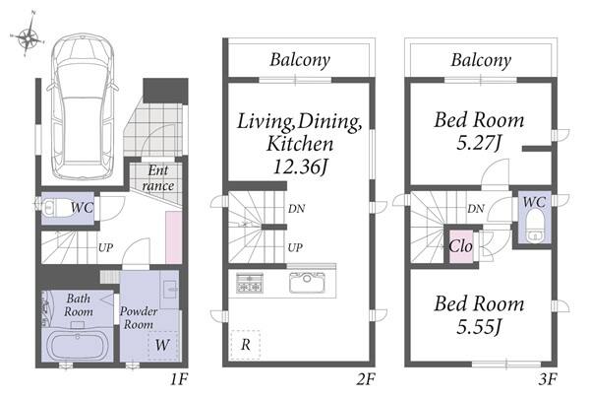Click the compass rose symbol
click(28, 35)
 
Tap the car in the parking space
click(83, 106)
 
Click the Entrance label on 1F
click(158, 178)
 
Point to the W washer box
click(163, 345)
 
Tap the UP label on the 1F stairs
click(106, 247)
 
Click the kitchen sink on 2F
click(307, 283)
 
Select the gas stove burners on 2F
click(250, 283)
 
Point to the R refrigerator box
click(245, 344)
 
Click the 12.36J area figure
click(300, 166)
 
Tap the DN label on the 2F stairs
click(297, 209)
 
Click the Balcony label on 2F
click(300, 60)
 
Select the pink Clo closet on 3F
click(461, 246)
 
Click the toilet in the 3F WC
click(534, 226)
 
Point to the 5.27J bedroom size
click(479, 143)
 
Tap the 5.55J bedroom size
click(479, 327)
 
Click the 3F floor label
click(547, 379)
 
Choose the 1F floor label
click(179, 379)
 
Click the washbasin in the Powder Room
click(169, 290)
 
